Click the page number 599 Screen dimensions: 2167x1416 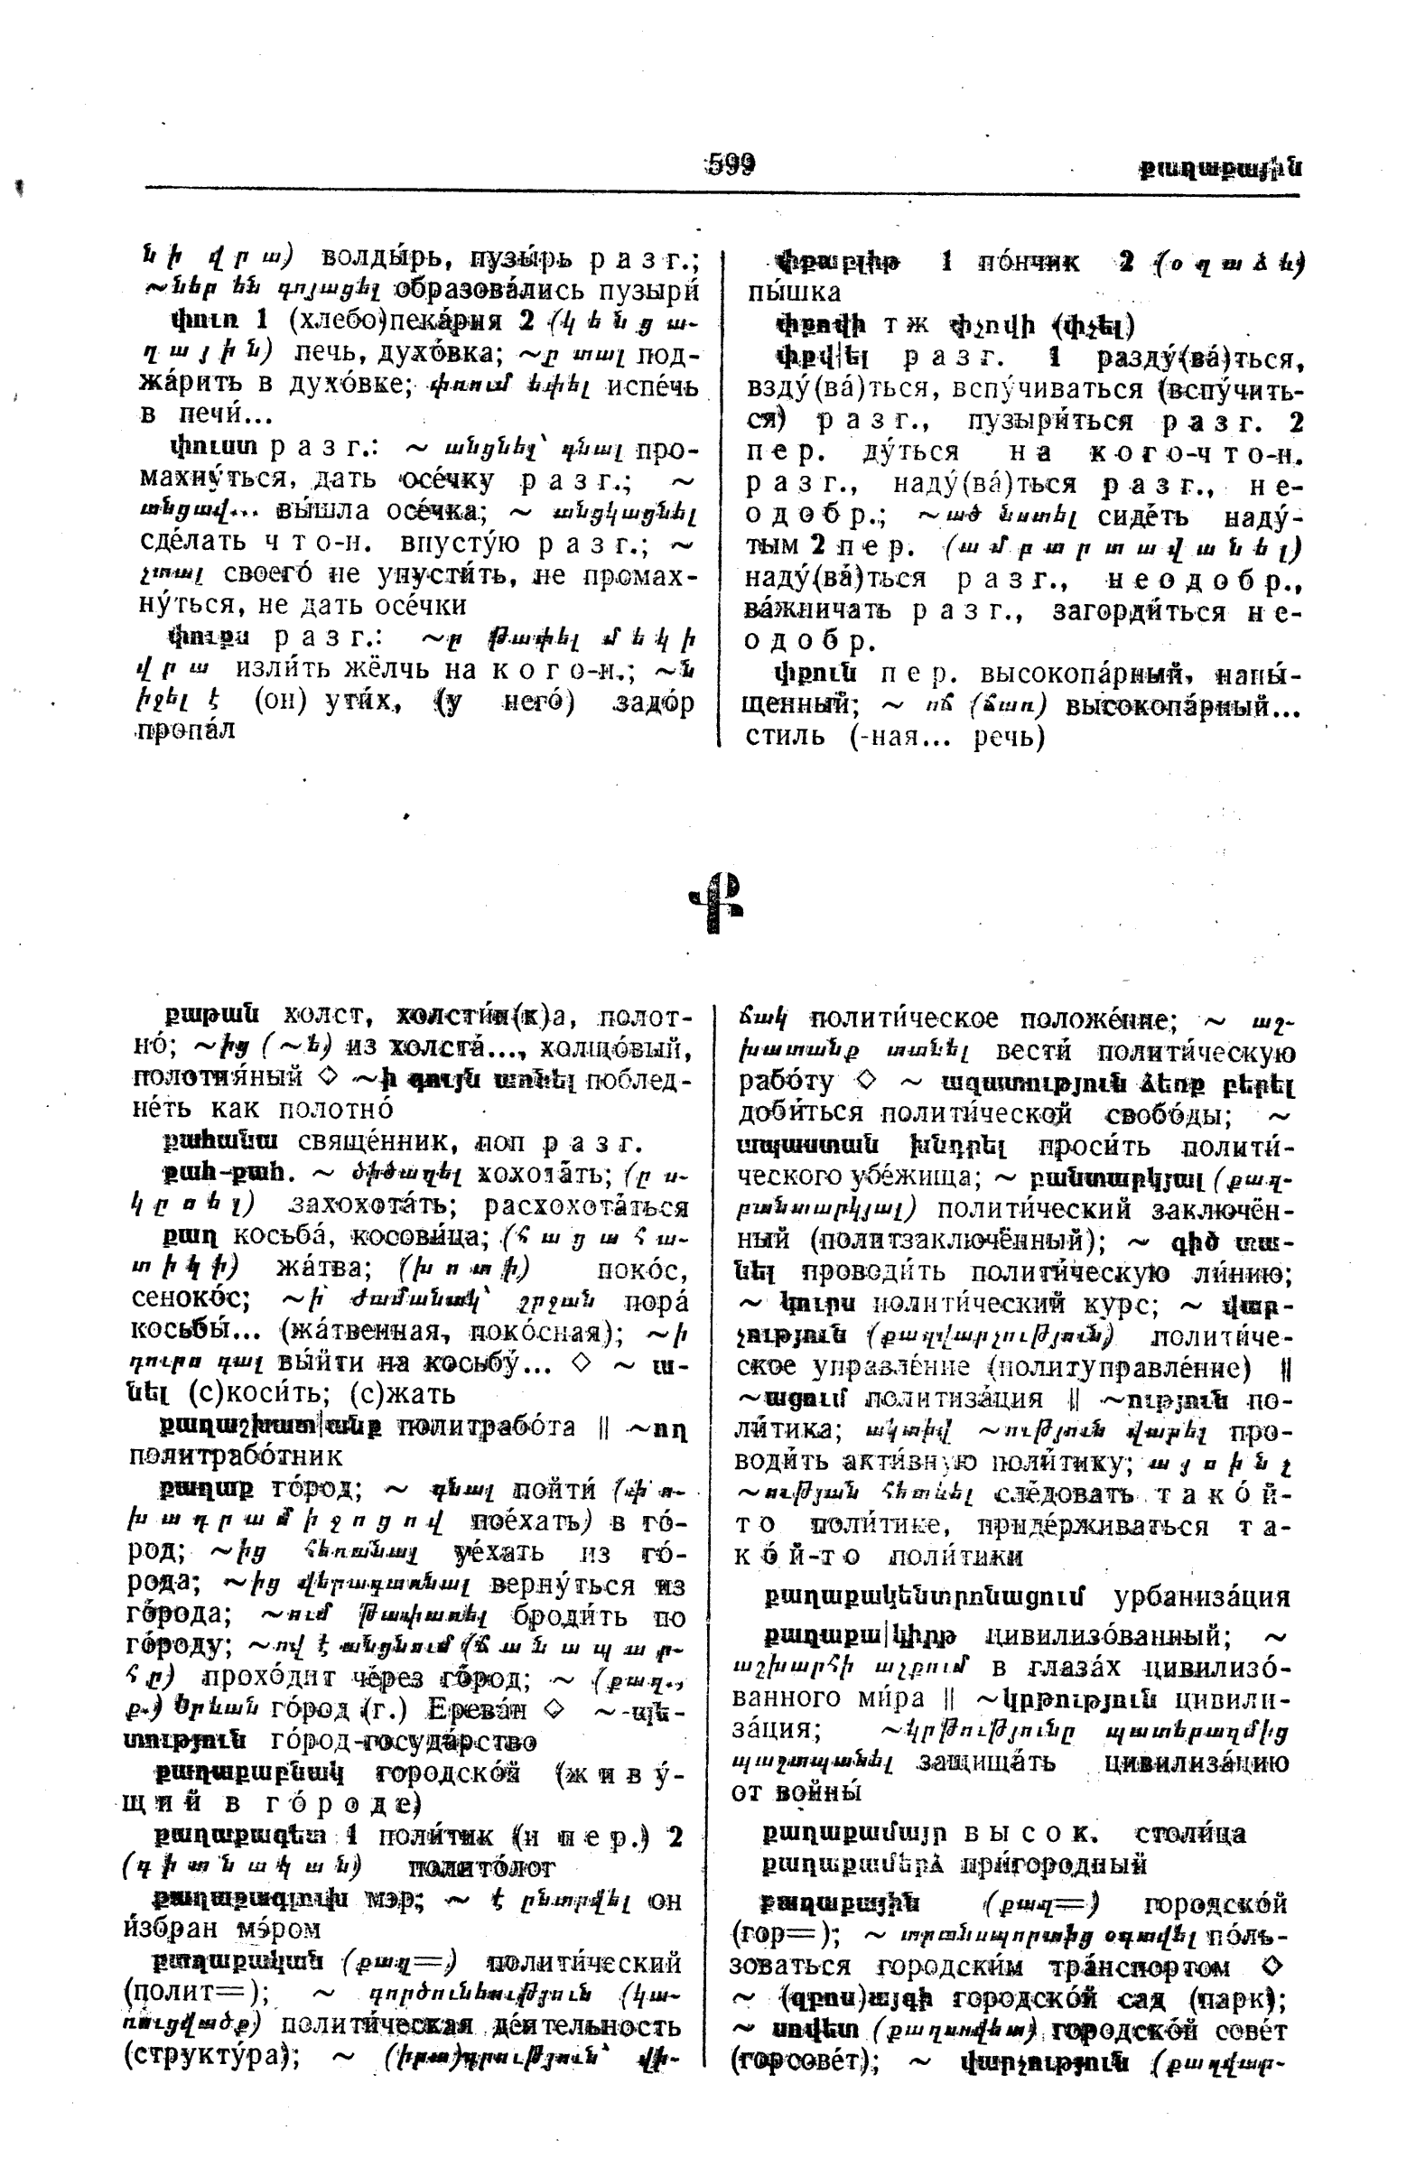(731, 165)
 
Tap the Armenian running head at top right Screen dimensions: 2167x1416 (1219, 169)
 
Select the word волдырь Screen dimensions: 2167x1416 (383, 257)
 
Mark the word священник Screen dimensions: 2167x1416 (380, 1143)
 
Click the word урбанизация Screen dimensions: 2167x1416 (1202, 1597)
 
